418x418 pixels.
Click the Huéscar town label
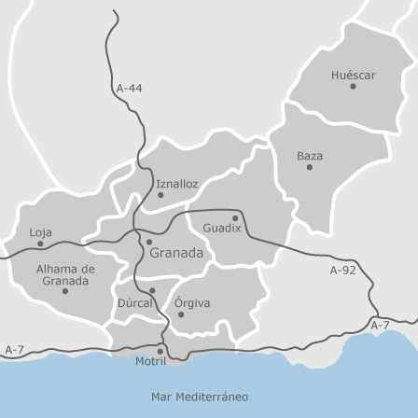[x=353, y=75]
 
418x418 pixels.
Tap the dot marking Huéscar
[x=353, y=87]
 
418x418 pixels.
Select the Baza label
[x=310, y=155]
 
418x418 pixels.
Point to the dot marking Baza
[x=310, y=167]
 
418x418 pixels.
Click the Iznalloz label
[x=177, y=184]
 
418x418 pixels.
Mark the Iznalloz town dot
[x=160, y=195]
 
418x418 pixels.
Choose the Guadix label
[x=222, y=228]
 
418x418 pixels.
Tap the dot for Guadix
[x=235, y=218]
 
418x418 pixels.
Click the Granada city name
[x=176, y=253]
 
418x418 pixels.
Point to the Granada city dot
[x=148, y=242]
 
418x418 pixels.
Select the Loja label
[x=41, y=231]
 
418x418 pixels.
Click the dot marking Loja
[x=40, y=244]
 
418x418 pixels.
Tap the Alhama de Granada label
[x=64, y=274]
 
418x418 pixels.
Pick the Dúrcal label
[x=135, y=303]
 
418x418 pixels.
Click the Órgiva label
[x=192, y=302]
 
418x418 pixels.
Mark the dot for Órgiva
[x=181, y=314]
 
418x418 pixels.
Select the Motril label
[x=150, y=361]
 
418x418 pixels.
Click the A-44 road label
[x=130, y=89]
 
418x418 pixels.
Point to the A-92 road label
[x=342, y=271]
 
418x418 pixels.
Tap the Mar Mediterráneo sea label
[x=200, y=397]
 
